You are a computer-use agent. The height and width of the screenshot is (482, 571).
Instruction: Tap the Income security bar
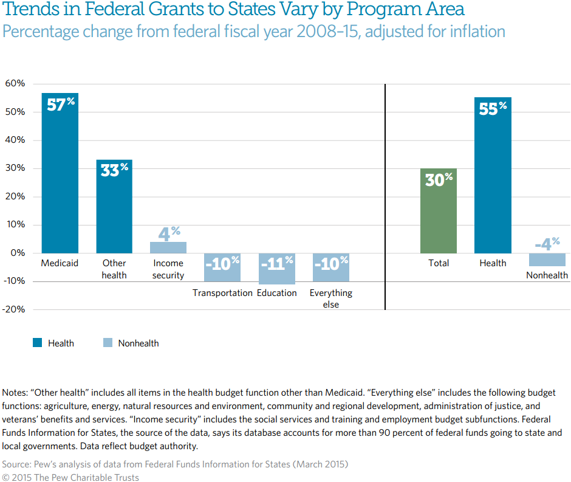168,247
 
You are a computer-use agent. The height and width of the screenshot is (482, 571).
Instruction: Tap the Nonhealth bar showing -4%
547,260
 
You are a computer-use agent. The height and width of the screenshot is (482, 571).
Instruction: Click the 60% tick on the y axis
15,84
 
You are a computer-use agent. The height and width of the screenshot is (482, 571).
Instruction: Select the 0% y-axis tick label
17,253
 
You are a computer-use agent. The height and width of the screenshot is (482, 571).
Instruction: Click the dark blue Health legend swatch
37,343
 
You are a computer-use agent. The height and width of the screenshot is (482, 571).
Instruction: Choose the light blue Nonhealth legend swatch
108,343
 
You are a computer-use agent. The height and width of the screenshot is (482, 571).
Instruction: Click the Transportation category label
222,293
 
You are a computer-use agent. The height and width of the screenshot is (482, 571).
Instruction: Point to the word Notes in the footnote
15,393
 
